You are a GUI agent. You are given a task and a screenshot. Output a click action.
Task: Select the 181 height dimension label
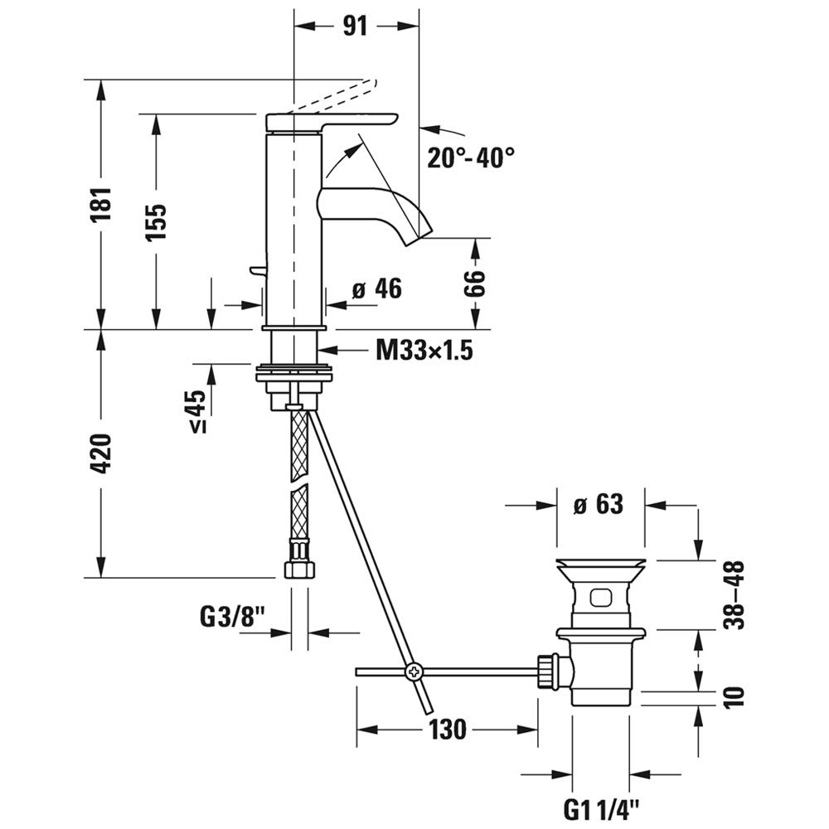point(101,204)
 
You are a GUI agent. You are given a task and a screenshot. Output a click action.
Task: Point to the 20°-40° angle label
point(471,157)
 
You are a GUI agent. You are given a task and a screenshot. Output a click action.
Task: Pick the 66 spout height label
point(473,286)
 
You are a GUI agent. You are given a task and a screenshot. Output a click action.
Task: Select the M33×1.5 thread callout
point(424,351)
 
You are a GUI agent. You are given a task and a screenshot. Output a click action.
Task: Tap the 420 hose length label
point(101,453)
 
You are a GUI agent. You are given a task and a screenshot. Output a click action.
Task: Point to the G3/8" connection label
point(232,617)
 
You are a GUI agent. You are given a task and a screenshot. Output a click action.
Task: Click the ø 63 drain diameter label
point(598,503)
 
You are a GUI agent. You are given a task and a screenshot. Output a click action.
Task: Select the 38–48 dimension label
point(734,594)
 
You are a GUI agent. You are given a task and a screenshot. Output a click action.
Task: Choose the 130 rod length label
point(448,730)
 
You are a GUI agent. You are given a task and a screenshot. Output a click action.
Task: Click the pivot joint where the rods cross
point(412,671)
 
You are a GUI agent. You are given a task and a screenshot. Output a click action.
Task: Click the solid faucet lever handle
point(332,121)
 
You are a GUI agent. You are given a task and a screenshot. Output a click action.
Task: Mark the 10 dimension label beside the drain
point(734,695)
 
